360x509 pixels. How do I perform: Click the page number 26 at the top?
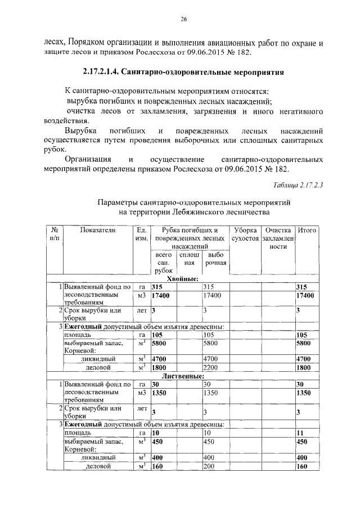(x=183, y=19)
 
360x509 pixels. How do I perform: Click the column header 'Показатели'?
(x=97, y=231)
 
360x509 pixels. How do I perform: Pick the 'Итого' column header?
(x=307, y=231)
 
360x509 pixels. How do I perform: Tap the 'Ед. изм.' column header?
(x=141, y=235)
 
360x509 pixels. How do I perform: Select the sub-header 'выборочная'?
(x=215, y=259)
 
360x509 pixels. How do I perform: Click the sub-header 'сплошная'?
(x=189, y=259)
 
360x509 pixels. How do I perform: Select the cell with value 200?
(x=209, y=466)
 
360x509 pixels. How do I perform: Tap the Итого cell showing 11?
(x=301, y=433)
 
